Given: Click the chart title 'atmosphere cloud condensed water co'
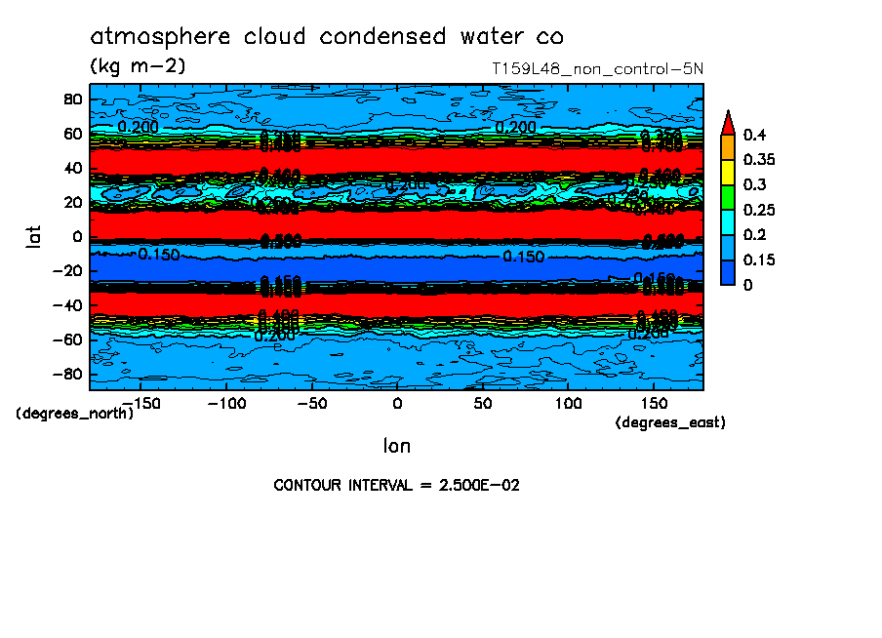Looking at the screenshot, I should tap(327, 37).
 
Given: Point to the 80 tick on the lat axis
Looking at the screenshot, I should tap(70, 99).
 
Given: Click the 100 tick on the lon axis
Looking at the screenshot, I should tap(568, 403).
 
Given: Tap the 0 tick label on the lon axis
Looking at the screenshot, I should tap(397, 403).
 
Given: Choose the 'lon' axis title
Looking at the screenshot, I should tap(396, 446).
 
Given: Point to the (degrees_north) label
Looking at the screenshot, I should tap(74, 413).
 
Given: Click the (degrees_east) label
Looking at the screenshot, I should tap(670, 422).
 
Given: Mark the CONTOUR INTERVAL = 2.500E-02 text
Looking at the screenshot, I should tap(396, 485).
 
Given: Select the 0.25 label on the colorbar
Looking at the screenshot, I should tap(757, 211).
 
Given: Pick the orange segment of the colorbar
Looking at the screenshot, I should tap(727, 146).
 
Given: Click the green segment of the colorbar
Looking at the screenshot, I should tap(727, 197).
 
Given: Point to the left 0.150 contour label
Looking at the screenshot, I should tap(159, 255).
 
